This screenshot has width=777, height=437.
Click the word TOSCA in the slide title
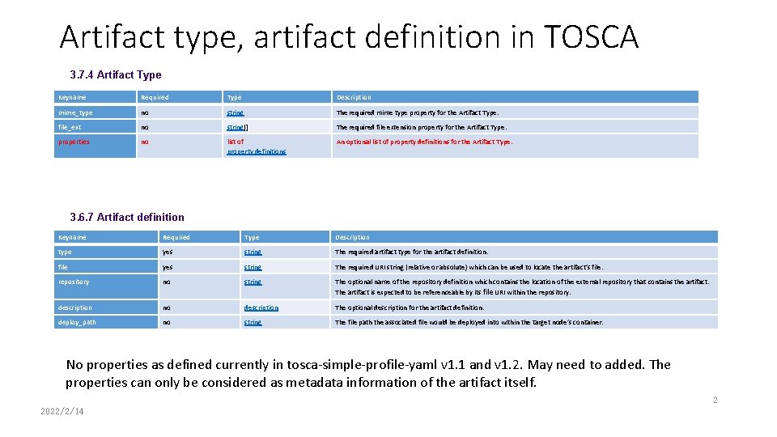pos(591,37)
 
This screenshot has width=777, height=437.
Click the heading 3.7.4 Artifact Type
pos(116,75)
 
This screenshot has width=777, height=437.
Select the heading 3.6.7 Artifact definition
pos(127,217)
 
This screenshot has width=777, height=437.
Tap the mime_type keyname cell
pos(75,113)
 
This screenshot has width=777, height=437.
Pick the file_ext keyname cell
pos(70,127)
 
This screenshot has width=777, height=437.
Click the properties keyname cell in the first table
pos(74,142)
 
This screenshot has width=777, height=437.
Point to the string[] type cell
pos(238,127)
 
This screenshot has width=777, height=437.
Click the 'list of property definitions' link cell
pos(256,146)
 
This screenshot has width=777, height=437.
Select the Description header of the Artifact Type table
pos(354,97)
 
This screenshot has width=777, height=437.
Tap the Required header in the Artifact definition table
pos(176,237)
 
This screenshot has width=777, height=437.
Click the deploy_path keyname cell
pos(76,322)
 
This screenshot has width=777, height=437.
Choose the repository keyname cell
pos(74,282)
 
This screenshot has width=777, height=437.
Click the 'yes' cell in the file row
pos(168,267)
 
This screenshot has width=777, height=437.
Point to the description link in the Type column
pos(261,308)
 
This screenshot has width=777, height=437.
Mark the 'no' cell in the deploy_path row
pos(167,322)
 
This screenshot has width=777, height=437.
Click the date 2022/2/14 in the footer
pos(62,411)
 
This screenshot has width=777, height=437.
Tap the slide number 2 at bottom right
pos(715,400)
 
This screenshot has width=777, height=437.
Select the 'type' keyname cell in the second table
pos(65,252)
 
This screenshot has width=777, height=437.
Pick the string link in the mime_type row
pos(236,113)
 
